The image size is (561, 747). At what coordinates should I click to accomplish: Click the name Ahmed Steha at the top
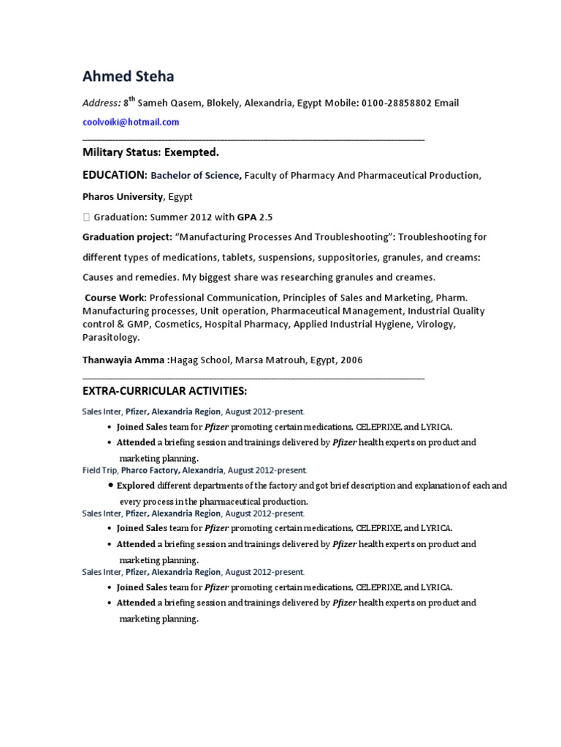[x=128, y=76]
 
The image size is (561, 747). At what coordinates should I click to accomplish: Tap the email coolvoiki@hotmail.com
[x=130, y=122]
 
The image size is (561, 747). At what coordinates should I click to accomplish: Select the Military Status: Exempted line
[x=150, y=152]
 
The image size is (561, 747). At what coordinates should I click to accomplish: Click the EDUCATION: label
[x=115, y=175]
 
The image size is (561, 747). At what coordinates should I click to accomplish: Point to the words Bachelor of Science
[x=195, y=175]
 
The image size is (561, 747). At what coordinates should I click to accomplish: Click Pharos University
[x=123, y=196]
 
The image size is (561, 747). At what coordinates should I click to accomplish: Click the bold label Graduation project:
[x=127, y=237]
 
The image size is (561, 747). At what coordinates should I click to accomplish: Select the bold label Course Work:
[x=115, y=298]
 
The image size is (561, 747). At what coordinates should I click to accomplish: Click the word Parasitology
[x=110, y=338]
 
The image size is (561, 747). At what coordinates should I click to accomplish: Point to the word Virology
[x=435, y=325]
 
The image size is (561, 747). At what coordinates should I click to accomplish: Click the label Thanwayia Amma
[x=124, y=360]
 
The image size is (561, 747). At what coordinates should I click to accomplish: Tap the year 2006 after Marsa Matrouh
[x=350, y=360]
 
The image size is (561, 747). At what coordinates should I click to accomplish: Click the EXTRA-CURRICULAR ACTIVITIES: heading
[x=159, y=392]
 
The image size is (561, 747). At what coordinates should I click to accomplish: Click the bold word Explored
[x=136, y=486]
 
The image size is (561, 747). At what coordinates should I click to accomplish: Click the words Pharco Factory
[x=149, y=471]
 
